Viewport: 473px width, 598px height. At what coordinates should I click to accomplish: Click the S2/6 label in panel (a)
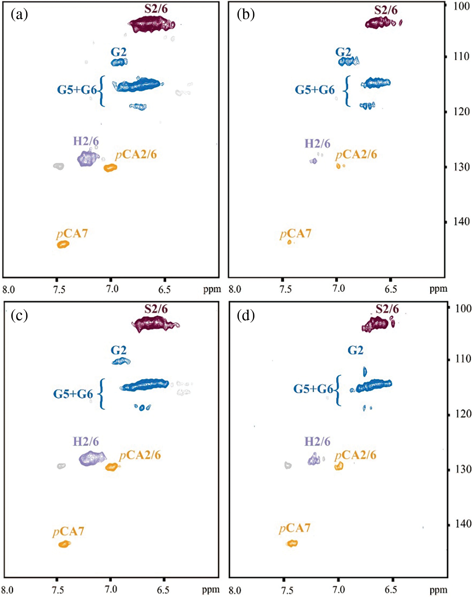click(x=156, y=9)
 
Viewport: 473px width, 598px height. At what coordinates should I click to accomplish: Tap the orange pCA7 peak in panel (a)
click(x=63, y=244)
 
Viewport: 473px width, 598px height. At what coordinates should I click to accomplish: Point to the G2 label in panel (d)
click(x=355, y=350)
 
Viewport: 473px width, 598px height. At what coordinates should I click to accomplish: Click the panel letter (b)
click(x=245, y=15)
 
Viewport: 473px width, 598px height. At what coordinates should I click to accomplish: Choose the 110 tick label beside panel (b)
click(x=461, y=57)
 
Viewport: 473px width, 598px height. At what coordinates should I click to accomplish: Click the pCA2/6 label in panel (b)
click(x=356, y=155)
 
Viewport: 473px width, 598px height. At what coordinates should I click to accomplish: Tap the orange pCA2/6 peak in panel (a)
click(x=110, y=168)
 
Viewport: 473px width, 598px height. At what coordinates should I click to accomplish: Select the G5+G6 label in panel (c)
click(x=73, y=394)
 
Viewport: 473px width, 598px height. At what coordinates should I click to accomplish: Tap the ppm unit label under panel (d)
click(x=438, y=590)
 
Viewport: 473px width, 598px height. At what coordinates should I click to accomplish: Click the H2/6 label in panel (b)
click(x=317, y=144)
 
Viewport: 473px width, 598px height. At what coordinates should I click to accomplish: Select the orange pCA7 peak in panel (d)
click(x=292, y=543)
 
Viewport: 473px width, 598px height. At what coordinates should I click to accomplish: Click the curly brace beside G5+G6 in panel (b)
click(x=347, y=91)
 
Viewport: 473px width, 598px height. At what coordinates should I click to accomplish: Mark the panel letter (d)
click(x=245, y=316)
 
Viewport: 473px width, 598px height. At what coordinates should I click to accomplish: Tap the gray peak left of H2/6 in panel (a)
click(x=58, y=166)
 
